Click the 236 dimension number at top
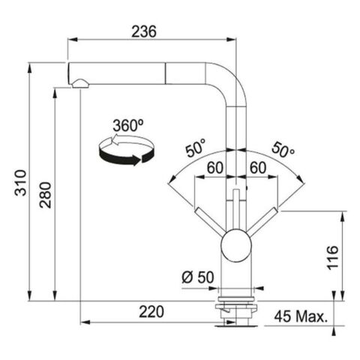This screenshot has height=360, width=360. click(x=144, y=31)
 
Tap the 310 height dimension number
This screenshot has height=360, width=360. click(x=20, y=183)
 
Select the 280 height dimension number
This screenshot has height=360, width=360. click(x=45, y=195)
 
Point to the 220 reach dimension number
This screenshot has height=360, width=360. click(x=151, y=311)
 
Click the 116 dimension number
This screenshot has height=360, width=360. click(x=333, y=258)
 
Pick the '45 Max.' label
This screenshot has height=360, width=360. click(x=301, y=316)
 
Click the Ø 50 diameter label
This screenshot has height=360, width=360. click(x=198, y=277)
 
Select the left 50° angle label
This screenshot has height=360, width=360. click(x=196, y=148)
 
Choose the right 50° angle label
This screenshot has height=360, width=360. click(x=283, y=150)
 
